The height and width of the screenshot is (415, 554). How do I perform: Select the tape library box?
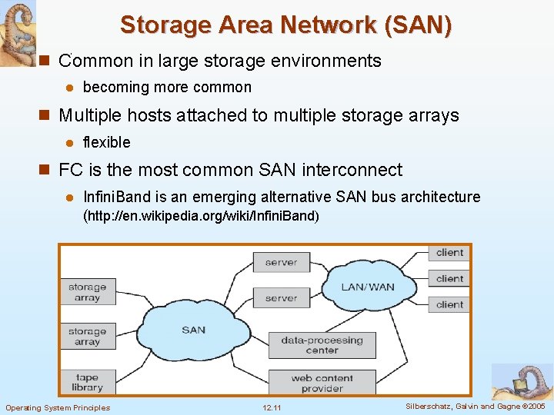[88, 382]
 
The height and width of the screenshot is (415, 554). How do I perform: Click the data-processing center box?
[322, 345]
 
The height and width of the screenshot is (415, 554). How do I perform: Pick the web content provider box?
[322, 383]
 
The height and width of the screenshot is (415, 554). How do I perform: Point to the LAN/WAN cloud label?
[368, 287]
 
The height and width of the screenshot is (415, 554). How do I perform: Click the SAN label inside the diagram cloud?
[194, 330]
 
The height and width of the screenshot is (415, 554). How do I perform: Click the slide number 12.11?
[272, 407]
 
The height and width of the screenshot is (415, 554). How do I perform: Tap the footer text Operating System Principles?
[58, 407]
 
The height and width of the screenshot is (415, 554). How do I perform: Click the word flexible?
[106, 142]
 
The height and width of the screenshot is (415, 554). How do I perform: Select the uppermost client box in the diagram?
[449, 253]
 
